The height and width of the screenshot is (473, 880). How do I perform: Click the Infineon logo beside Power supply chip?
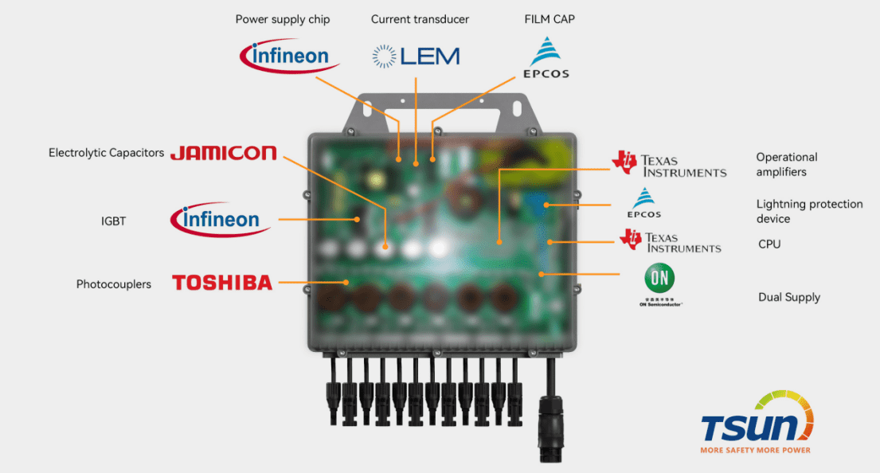tap(290, 56)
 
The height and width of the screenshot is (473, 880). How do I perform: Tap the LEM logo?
tap(416, 56)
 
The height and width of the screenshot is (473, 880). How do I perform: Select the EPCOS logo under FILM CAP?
tap(546, 57)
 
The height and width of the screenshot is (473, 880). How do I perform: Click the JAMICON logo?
tap(223, 152)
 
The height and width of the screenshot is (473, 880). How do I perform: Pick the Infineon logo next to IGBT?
tap(221, 219)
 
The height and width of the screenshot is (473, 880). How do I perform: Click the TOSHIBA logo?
tap(222, 282)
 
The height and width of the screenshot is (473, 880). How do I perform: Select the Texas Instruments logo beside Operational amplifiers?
tap(669, 164)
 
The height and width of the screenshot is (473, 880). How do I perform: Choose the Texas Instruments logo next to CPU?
tap(671, 241)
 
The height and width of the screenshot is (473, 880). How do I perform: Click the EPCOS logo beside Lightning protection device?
tap(644, 203)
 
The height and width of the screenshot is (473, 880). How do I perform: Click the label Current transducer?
tap(420, 19)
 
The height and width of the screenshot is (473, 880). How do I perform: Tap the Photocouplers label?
tap(114, 284)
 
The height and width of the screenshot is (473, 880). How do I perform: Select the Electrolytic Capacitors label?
tap(106, 152)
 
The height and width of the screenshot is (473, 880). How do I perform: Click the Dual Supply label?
tap(788, 297)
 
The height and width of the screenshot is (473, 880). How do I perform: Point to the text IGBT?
tap(113, 221)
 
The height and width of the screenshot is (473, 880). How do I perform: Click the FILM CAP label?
tap(550, 19)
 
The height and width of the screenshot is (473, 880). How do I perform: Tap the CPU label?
tap(769, 244)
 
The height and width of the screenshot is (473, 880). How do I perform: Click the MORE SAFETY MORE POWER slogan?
tap(755, 450)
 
